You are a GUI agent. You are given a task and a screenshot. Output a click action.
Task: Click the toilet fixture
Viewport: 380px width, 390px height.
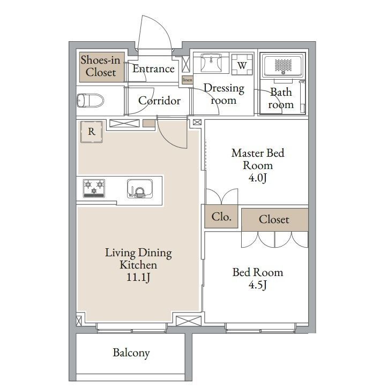click(90, 101)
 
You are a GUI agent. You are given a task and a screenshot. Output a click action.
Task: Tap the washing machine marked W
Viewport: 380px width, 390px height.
click(242, 65)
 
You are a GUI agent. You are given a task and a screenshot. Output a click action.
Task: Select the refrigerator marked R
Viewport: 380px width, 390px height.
click(92, 132)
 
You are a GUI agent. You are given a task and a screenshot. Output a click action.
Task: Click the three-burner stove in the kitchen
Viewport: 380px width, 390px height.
click(94, 188)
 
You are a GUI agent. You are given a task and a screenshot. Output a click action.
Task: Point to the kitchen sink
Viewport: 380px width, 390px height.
click(140, 189)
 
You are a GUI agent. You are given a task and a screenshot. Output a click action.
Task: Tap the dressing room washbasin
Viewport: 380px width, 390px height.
click(211, 63)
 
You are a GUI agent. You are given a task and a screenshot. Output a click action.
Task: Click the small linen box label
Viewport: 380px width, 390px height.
click(188, 80)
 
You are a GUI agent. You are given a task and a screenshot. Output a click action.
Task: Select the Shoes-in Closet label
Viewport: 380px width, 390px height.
click(100, 66)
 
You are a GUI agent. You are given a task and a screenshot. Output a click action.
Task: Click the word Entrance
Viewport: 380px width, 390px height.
click(153, 68)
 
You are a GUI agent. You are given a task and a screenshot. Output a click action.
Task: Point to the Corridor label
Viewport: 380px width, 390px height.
click(160, 101)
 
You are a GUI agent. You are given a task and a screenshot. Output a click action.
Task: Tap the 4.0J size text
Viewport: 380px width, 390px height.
click(258, 178)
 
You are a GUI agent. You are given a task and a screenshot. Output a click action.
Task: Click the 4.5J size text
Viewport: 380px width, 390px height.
click(258, 285)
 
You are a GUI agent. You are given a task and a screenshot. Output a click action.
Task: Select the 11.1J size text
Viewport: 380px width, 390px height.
click(138, 277)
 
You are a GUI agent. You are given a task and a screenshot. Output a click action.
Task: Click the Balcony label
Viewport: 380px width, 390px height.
click(131, 353)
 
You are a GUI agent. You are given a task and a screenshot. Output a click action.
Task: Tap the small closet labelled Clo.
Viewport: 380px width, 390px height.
click(221, 217)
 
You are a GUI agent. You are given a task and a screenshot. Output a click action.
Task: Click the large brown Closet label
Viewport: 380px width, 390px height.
click(274, 219)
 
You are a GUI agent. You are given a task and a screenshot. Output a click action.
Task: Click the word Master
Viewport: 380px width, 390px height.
click(248, 153)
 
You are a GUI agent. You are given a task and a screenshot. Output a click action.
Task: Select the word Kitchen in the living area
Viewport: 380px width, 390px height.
click(138, 265)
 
